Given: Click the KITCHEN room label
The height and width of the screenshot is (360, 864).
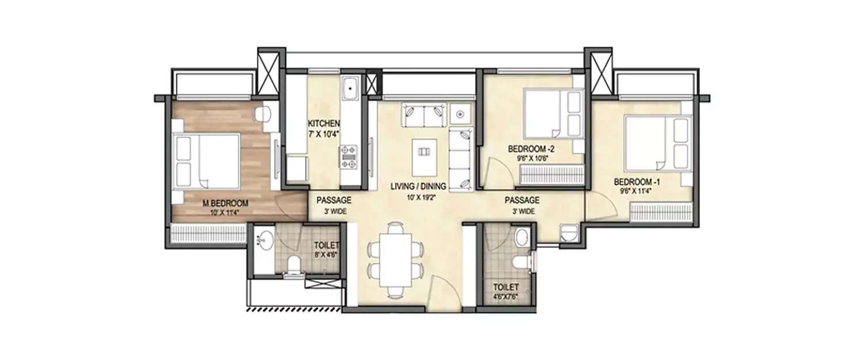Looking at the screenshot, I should (x=324, y=124).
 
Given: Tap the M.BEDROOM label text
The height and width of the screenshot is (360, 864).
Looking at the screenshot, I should (x=225, y=203).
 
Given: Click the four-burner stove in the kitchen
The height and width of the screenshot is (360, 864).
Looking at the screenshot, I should (x=349, y=156).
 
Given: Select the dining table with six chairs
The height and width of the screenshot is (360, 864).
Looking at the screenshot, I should (x=396, y=259).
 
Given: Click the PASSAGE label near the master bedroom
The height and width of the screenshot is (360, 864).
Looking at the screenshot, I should (x=334, y=200).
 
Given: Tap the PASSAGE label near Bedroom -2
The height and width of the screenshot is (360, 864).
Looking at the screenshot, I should (x=522, y=200).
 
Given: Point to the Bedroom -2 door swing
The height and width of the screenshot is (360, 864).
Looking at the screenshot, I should (x=497, y=173).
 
